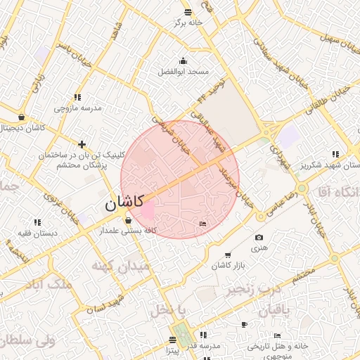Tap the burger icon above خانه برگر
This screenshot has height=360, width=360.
click(187, 12)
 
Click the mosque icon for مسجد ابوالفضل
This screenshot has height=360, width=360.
click(184, 60)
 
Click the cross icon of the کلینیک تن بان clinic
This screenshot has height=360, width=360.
click(82, 143)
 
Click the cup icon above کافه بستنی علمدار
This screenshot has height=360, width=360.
click(127, 220)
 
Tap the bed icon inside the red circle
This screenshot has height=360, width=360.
click(203, 224)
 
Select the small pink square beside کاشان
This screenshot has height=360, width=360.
click(148, 210)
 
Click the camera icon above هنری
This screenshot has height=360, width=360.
click(259, 238)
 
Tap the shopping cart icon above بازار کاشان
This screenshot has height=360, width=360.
click(227, 254)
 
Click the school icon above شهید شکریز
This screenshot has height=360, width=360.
click(334, 154)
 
